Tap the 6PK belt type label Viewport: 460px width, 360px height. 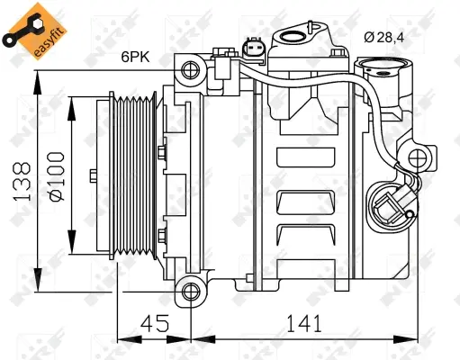(x=136, y=57)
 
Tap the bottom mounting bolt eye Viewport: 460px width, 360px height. (x=189, y=291)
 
